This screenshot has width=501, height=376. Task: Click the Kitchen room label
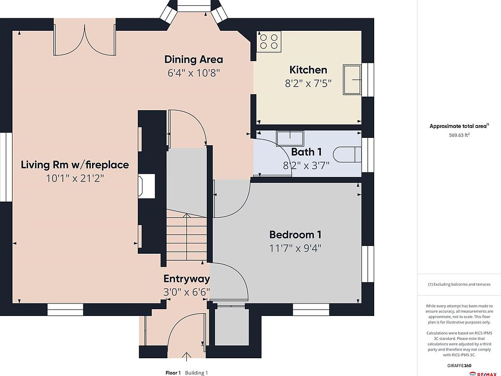point(308,69)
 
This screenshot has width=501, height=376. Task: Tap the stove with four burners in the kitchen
point(269,42)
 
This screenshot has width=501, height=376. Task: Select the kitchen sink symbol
point(352,79)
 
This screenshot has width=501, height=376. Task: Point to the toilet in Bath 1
point(347,155)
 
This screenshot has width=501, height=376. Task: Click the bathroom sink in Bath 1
point(290,138)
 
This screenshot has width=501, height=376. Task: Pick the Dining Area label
point(194,59)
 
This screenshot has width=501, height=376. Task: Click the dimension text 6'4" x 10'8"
point(194,73)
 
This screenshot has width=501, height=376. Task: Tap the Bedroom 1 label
point(295,234)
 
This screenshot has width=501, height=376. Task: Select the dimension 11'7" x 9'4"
point(295,248)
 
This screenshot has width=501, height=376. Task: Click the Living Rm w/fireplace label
point(75,164)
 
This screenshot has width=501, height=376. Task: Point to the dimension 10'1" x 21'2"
point(75,178)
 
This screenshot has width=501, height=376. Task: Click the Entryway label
point(187,278)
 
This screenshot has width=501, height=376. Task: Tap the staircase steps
point(187,237)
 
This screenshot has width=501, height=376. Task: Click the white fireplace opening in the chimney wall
point(147,186)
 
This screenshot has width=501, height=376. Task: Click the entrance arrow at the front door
point(187,357)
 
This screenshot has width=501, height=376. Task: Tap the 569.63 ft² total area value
point(459,135)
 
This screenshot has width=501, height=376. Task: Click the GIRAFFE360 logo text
point(459,366)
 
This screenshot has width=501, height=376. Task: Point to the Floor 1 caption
point(173,372)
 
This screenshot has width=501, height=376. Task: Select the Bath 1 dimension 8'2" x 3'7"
point(306,166)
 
